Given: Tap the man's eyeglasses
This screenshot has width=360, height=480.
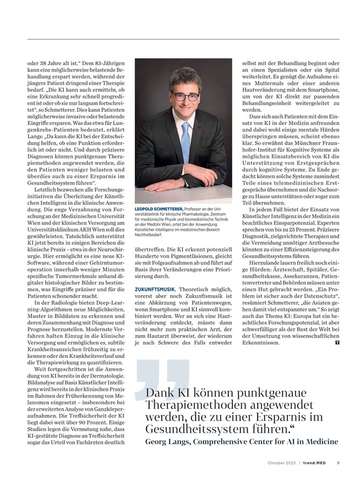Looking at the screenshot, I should click(185, 96).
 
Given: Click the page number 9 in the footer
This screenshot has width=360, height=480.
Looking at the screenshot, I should click(338, 463).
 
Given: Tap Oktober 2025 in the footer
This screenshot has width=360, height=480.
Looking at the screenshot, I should click(281, 463).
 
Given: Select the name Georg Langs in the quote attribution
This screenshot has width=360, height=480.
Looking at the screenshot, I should click(172, 442).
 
